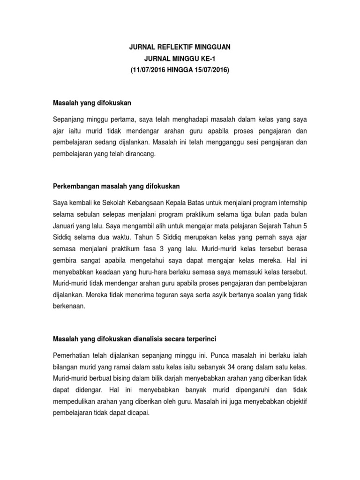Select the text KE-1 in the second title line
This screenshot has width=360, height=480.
click(209, 58)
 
